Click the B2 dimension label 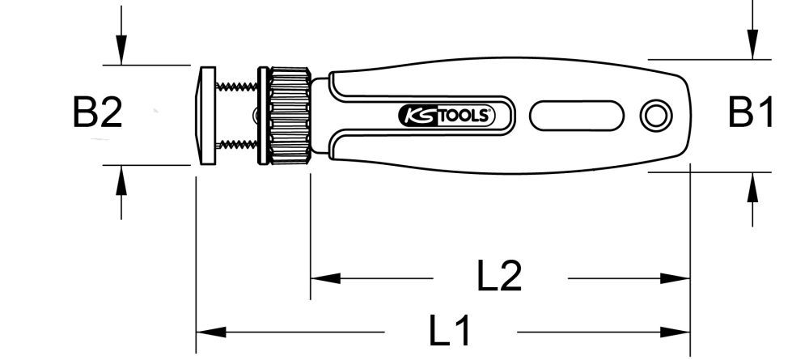point(97,114)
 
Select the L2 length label point(499,277)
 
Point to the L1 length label point(450,332)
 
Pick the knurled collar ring point(290,115)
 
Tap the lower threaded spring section point(238,146)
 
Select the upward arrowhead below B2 point(121,179)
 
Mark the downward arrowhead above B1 point(752,44)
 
